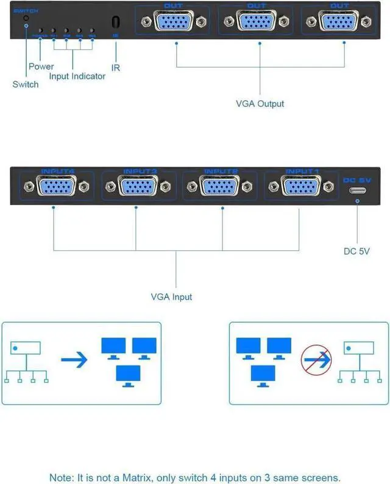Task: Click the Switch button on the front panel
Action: click(26, 20)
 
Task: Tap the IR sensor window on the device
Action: click(115, 21)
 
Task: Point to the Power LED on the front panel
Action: click(40, 30)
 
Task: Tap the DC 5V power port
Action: click(357, 190)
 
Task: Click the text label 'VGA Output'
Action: click(260, 104)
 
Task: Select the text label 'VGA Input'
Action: click(171, 297)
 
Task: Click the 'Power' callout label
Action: click(41, 66)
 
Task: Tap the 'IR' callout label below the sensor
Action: click(115, 67)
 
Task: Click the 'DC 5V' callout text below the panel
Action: click(357, 251)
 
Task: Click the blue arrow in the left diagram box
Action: click(74, 359)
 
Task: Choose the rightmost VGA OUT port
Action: click(339, 22)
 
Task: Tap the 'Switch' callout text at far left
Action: click(25, 84)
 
